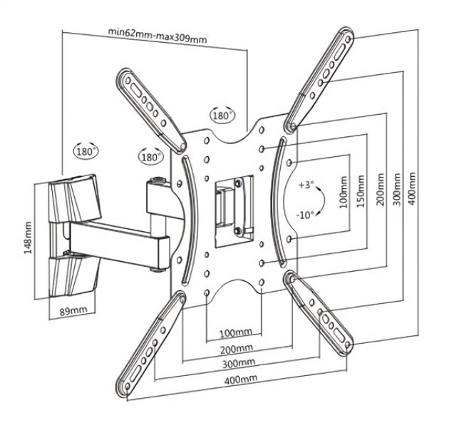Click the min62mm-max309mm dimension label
click(158, 36)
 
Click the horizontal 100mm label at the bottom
click(236, 332)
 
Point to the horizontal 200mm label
click(237, 349)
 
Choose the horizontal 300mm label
click(239, 363)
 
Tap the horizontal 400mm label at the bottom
click(241, 379)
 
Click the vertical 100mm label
click(344, 192)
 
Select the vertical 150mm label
click(361, 191)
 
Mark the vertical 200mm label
click(381, 190)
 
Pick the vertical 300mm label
click(396, 189)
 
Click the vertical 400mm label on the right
click(411, 188)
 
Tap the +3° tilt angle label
click(306, 185)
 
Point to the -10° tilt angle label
click(305, 215)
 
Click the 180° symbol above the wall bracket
click(86, 151)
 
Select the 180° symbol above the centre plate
click(222, 115)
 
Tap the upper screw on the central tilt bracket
click(238, 183)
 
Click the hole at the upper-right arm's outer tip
click(348, 39)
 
